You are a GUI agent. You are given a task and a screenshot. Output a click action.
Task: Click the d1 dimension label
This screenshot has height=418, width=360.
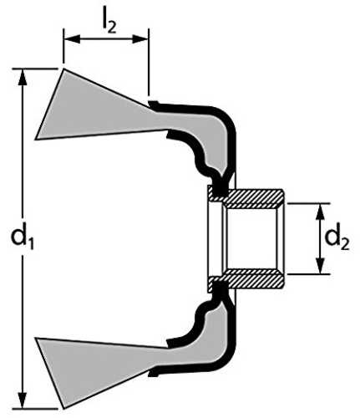[23, 240]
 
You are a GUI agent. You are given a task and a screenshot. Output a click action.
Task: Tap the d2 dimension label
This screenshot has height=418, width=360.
[337, 240]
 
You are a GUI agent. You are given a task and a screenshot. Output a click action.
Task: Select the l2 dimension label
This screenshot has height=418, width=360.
[109, 23]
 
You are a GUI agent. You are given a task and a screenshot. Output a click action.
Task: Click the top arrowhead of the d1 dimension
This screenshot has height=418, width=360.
[23, 78]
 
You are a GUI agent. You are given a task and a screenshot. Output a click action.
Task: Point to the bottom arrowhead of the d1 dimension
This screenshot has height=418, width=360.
[23, 400]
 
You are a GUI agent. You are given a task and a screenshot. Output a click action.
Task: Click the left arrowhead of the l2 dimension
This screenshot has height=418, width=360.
[73, 39]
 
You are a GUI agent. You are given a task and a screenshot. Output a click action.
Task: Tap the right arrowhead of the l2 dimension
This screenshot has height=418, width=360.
[140, 39]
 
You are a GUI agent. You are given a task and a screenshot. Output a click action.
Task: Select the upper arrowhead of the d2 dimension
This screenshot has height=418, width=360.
[321, 212]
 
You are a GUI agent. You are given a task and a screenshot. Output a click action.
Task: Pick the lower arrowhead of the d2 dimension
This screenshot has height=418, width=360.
[321, 266]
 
